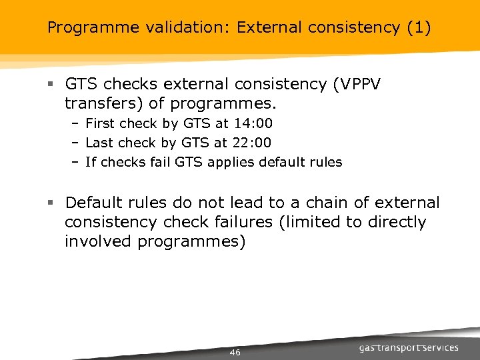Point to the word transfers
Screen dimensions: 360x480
(97, 104)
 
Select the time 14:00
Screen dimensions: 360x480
(253, 123)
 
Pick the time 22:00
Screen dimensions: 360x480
(251, 143)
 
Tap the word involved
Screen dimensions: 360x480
(98, 241)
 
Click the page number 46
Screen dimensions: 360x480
(235, 352)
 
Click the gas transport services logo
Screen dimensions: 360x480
(409, 347)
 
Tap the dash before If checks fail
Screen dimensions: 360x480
(75, 162)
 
